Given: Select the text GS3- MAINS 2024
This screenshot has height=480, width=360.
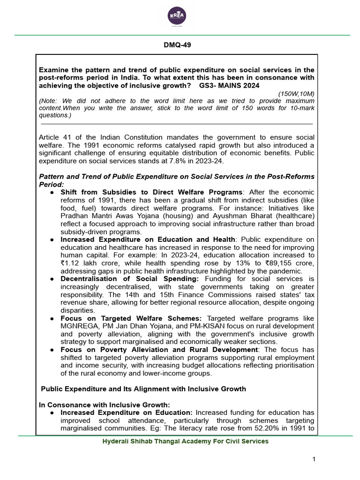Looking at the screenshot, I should tap(229, 86).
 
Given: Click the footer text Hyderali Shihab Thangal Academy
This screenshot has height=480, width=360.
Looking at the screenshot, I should tap(185, 441).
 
